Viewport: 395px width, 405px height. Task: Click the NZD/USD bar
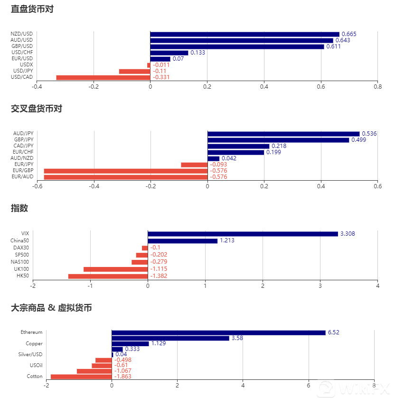click(245, 34)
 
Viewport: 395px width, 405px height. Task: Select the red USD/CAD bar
click(103, 77)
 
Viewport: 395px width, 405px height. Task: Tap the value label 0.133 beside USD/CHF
click(197, 53)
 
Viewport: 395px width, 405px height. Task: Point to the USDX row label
click(27, 65)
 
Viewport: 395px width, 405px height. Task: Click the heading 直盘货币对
click(32, 9)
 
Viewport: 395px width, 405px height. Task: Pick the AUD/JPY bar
click(283, 134)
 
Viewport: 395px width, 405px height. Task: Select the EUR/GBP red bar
click(125, 171)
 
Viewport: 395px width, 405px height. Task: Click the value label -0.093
click(218, 165)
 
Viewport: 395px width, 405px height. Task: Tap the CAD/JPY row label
click(23, 146)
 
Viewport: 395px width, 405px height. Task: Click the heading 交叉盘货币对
click(37, 109)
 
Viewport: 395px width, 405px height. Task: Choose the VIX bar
click(243, 234)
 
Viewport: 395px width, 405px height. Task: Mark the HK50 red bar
click(108, 276)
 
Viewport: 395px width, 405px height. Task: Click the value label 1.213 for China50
click(227, 241)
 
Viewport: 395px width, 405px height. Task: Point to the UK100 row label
click(22, 269)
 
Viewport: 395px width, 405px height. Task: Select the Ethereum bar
click(218, 332)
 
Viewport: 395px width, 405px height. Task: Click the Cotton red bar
click(81, 377)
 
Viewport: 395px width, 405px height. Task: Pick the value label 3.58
click(237, 338)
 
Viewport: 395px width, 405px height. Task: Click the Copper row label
click(34, 343)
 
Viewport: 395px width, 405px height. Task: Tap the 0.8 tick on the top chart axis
click(377, 87)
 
